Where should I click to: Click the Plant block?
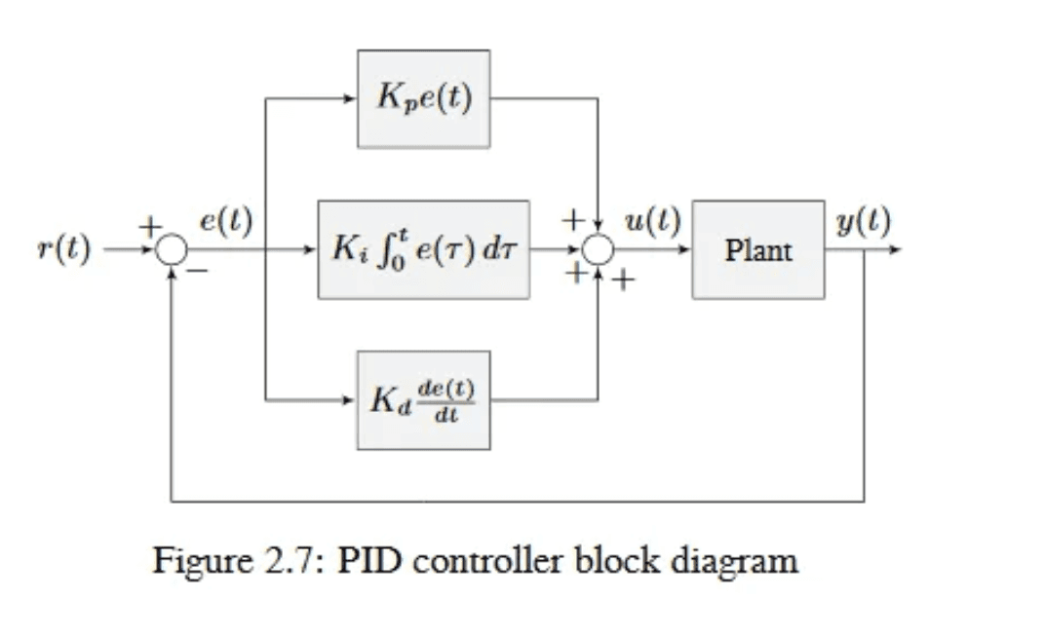pos(757,250)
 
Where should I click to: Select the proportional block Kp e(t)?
pos(423,98)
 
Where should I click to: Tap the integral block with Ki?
pos(423,250)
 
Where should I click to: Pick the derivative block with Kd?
pos(423,399)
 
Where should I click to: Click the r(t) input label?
pos(63,250)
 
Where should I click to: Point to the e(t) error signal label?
pos(225,222)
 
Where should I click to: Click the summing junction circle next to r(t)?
pos(172,250)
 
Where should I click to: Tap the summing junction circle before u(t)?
pos(599,250)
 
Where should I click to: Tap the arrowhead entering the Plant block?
pos(685,250)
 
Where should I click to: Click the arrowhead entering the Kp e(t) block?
pos(351,98)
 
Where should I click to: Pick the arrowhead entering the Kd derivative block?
pos(351,399)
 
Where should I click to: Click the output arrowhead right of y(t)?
pos(896,250)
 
